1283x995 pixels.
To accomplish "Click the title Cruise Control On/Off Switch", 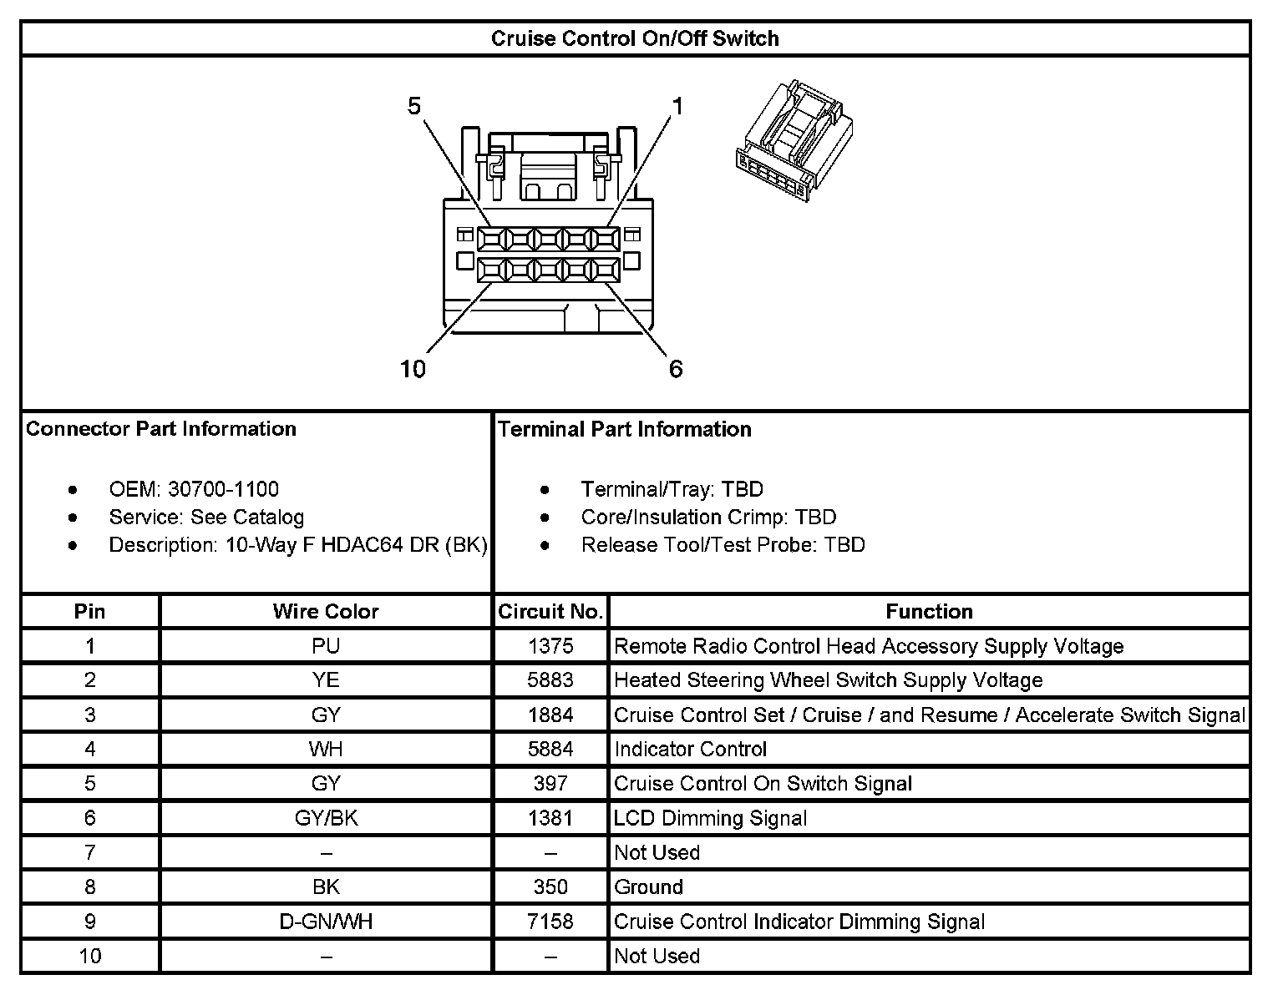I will click(x=635, y=38).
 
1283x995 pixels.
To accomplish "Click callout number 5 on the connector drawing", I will click(x=414, y=106).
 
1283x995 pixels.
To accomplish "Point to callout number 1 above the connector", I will click(x=677, y=106).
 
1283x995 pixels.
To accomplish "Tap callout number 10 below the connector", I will click(x=413, y=368).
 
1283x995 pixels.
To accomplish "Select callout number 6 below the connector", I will click(x=676, y=368).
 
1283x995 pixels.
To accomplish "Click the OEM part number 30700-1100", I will click(x=223, y=489).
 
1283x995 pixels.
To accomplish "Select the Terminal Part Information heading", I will click(x=625, y=429).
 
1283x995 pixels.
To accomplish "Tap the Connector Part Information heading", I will click(x=161, y=429).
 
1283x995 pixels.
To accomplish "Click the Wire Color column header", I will click(x=326, y=612).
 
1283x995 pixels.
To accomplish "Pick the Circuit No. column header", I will click(x=550, y=612).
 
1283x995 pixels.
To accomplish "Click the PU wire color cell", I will click(x=326, y=646).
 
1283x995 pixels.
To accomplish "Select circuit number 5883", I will click(x=550, y=680).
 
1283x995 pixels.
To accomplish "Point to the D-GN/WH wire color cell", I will click(x=326, y=922).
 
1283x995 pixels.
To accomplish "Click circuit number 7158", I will click(x=550, y=922).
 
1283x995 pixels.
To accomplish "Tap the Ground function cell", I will click(x=649, y=887).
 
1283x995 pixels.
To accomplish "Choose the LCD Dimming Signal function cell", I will click(x=711, y=818).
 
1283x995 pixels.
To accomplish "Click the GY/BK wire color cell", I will click(x=326, y=818).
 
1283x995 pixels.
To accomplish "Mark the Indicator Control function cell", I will click(x=691, y=750).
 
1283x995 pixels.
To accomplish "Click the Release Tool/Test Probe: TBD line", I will click(x=723, y=545).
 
